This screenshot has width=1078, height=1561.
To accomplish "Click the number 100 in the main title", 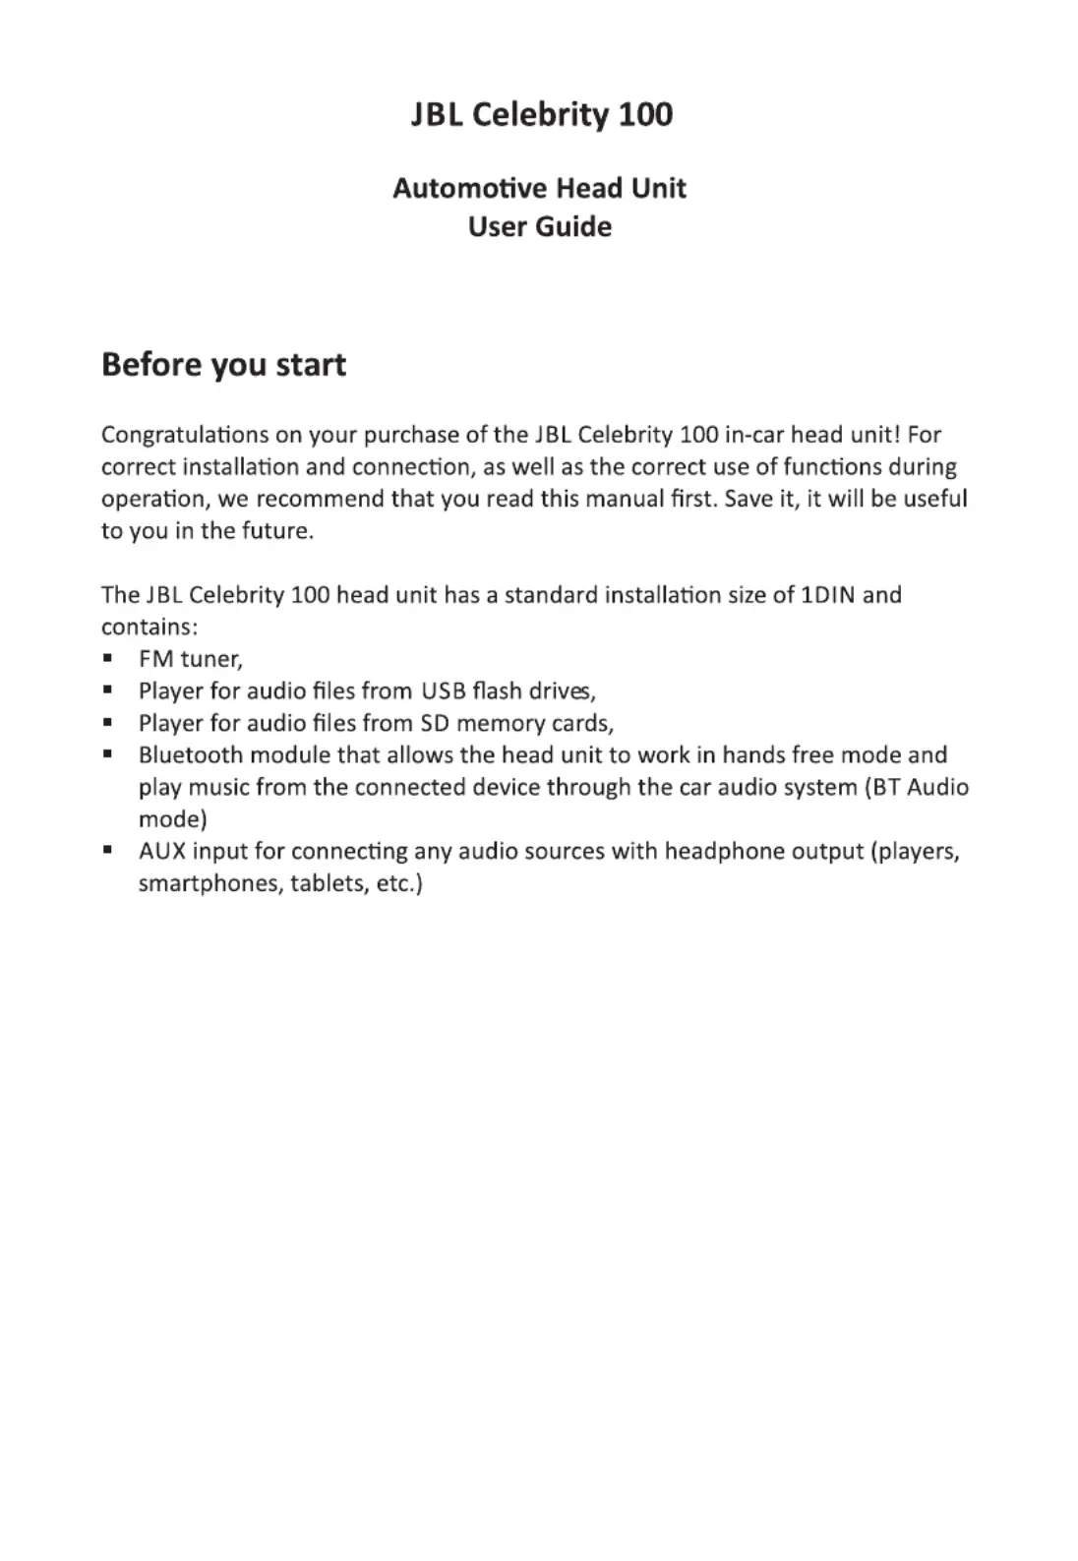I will pos(645,114).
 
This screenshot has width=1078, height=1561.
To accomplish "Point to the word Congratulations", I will pos(186,435).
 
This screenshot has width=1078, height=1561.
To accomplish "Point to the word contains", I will pos(149,628).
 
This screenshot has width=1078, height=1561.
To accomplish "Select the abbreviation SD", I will pos(434,724).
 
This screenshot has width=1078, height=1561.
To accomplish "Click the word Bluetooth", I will pos(191,755).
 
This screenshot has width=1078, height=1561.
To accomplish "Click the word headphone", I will pos(717,851).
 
